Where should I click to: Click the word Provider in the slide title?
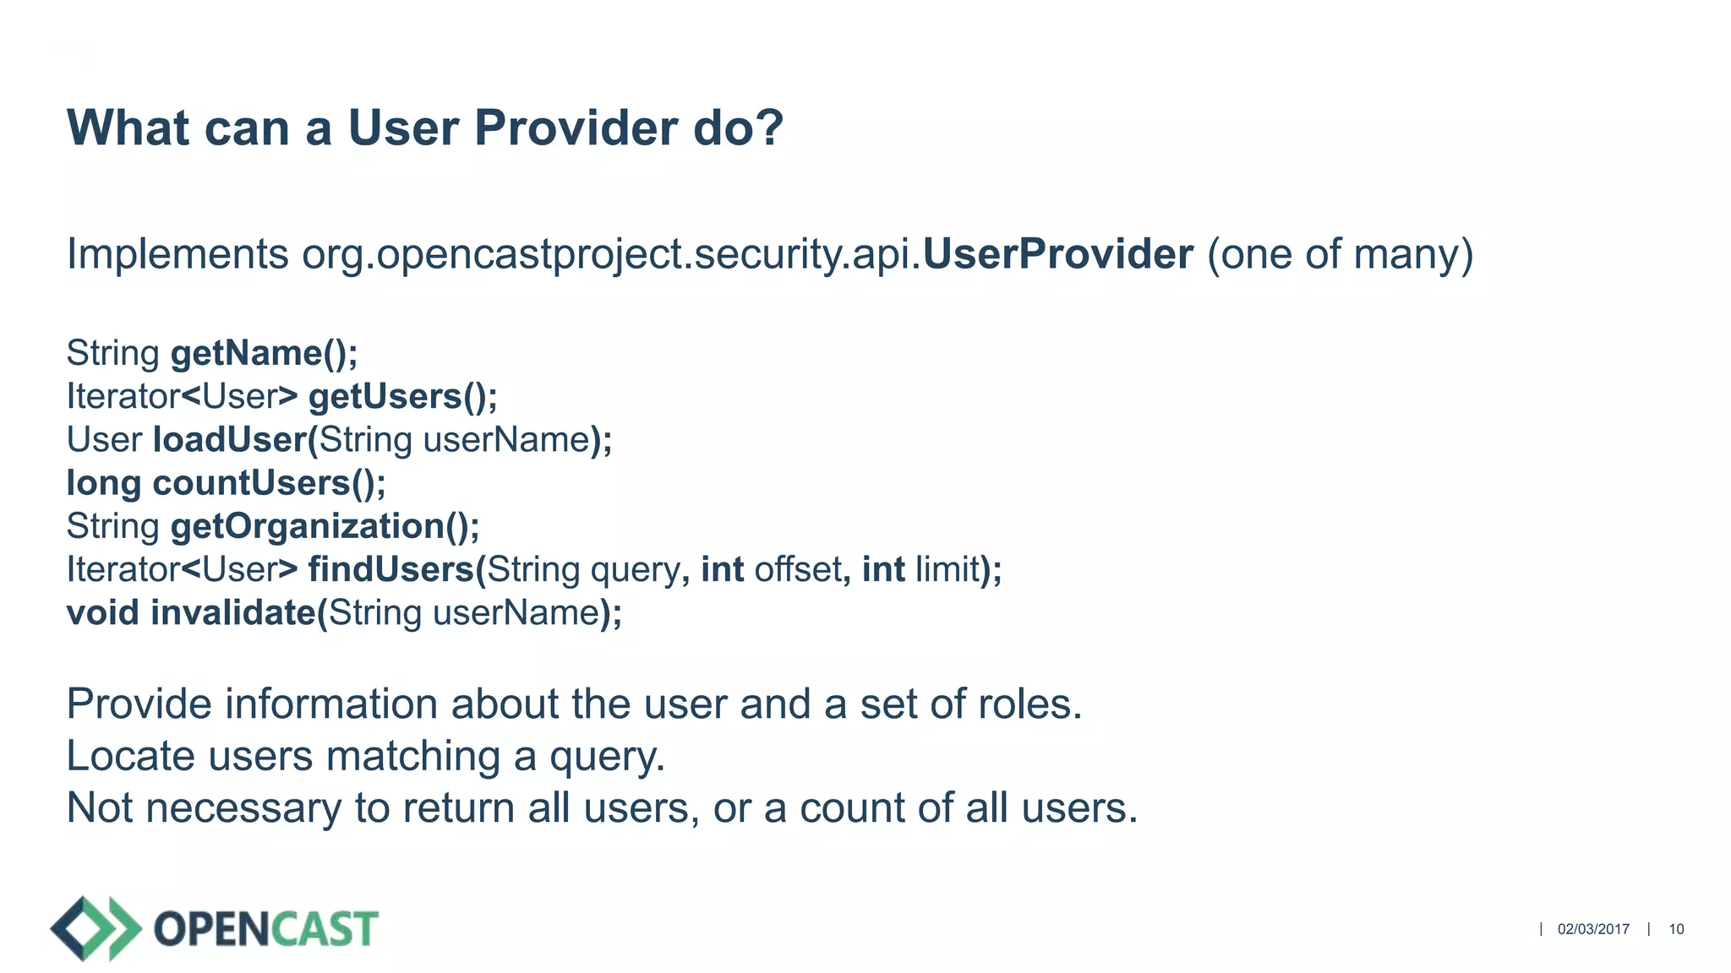[x=575, y=128]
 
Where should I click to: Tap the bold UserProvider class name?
[x=1057, y=254]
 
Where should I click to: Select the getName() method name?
[x=264, y=353]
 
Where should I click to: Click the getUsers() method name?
[x=402, y=397]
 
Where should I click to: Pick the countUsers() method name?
[x=268, y=483]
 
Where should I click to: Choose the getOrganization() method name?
[x=325, y=526]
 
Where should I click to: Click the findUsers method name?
[x=391, y=569]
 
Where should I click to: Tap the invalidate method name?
[x=233, y=612]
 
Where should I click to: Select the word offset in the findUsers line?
[x=797, y=569]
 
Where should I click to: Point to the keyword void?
[x=102, y=612]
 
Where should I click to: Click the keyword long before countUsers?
[x=103, y=483]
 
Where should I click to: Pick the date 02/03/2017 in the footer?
[x=1593, y=929]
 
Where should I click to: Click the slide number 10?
[x=1676, y=929]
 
